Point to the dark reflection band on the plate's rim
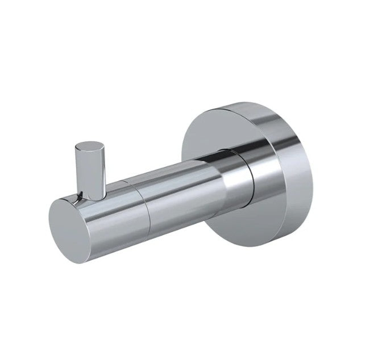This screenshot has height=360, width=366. click(x=278, y=136)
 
